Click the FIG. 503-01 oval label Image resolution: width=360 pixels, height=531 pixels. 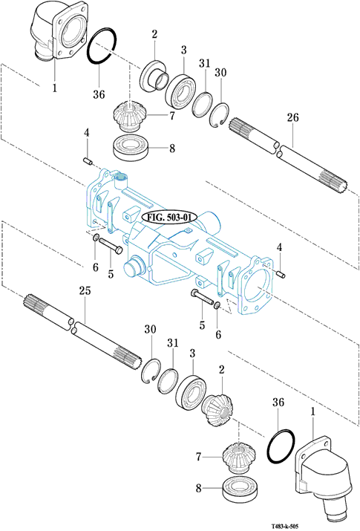click(x=169, y=218)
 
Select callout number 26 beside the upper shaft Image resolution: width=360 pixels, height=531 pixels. click(x=292, y=117)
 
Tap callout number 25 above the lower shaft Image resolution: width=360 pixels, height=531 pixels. click(x=85, y=290)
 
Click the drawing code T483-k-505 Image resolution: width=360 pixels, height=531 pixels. click(x=285, y=527)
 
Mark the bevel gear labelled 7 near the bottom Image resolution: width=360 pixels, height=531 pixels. click(x=239, y=458)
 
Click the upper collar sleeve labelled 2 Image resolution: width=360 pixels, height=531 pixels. click(x=154, y=76)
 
